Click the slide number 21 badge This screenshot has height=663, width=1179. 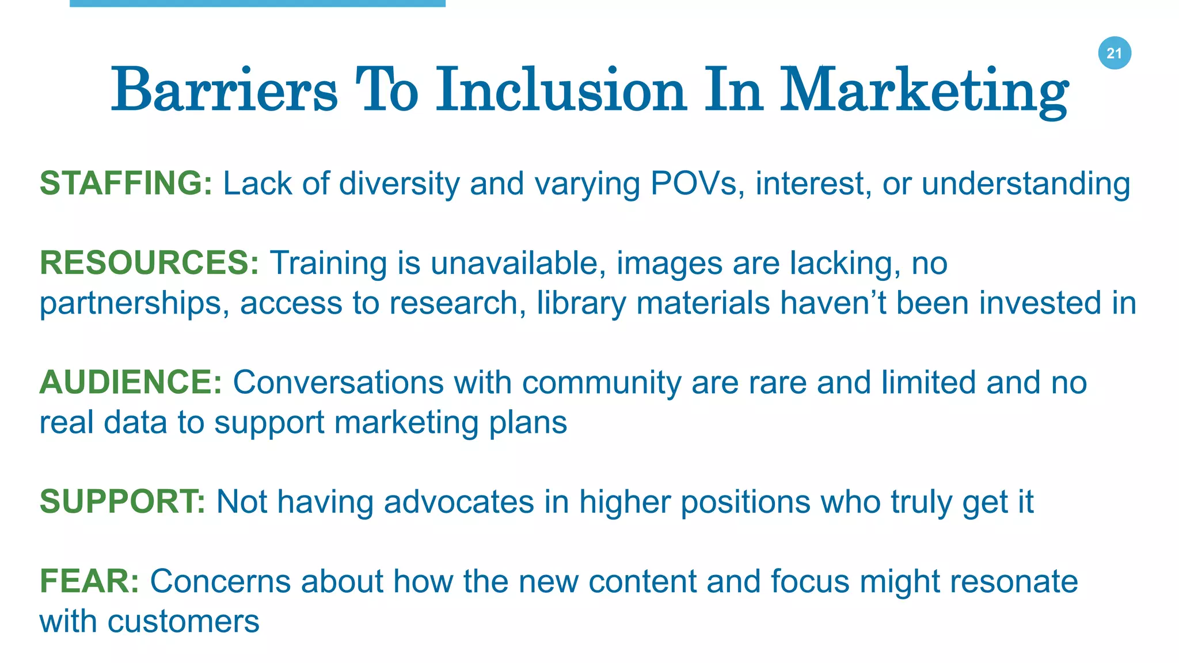pyautogui.click(x=1115, y=53)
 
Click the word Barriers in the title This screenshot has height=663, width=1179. pyautogui.click(x=225, y=90)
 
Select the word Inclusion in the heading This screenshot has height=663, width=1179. pyautogui.click(x=561, y=90)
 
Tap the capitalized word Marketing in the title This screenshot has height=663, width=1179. pyautogui.click(x=923, y=92)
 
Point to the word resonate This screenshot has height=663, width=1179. pyautogui.click(x=1014, y=581)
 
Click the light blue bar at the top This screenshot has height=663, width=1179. pyautogui.click(x=257, y=3)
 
